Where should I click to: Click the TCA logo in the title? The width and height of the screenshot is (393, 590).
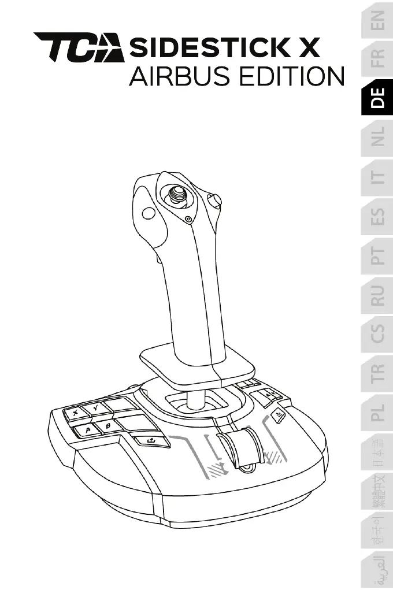[x=79, y=47]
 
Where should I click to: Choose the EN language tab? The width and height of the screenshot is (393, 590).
[x=377, y=24]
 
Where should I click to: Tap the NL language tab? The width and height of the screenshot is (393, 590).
[x=377, y=138]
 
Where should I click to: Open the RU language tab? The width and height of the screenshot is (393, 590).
[x=377, y=294]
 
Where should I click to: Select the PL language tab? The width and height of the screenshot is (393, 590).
[x=377, y=411]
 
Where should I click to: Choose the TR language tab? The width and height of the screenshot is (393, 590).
[x=377, y=373]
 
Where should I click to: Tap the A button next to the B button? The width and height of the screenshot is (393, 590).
[x=86, y=430]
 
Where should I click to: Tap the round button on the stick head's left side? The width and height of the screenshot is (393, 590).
[x=149, y=213]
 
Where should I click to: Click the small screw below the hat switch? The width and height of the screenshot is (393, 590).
[x=189, y=219]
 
